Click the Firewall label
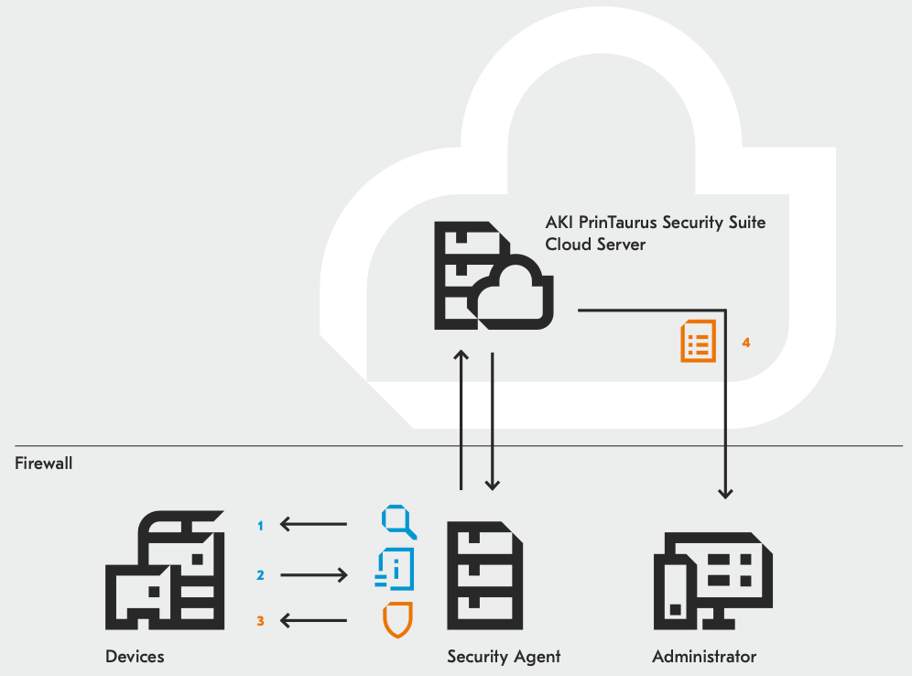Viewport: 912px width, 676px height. (44, 463)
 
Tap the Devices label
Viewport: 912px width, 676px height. (135, 656)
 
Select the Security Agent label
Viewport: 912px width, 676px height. (504, 657)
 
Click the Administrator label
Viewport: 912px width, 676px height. (704, 656)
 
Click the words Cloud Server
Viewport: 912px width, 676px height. (595, 245)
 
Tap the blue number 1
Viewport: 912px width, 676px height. (260, 526)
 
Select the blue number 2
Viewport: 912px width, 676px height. (260, 575)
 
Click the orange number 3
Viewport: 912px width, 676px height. (260, 621)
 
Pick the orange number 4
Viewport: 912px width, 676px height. (746, 343)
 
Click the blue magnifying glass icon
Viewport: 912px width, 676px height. (398, 522)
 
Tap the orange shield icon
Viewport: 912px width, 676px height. (397, 619)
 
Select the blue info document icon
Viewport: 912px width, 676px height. (395, 569)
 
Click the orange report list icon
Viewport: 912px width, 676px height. (699, 341)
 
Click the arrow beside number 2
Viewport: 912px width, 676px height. (314, 575)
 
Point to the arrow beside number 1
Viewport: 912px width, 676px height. (313, 524)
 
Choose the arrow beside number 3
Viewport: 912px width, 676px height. (313, 621)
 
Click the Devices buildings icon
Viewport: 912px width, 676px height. (165, 570)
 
